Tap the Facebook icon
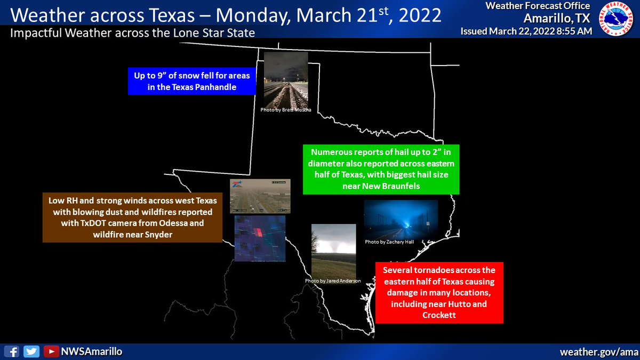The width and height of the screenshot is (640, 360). click(13, 351)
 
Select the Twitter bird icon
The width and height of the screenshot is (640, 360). click(31, 351)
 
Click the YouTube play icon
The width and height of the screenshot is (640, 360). click(51, 351)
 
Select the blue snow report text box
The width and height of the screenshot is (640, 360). click(191, 81)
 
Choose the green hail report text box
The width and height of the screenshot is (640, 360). click(380, 169)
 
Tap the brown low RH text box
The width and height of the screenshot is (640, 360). click(132, 217)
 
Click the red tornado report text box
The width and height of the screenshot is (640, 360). click(439, 293)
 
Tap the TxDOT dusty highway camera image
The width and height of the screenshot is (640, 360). click(260, 195)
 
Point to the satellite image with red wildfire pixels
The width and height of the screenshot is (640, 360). click(260, 238)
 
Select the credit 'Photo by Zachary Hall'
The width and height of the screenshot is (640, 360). click(389, 242)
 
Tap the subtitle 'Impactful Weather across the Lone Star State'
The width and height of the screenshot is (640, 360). click(132, 33)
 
